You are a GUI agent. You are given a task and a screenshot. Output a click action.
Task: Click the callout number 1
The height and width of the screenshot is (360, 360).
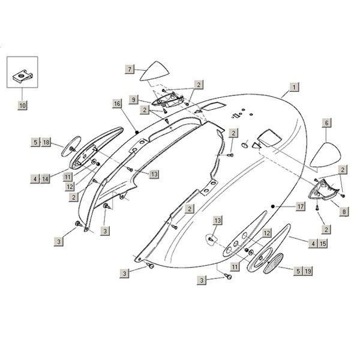point(293,86)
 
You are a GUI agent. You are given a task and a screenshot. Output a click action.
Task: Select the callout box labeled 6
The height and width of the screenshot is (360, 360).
point(327,122)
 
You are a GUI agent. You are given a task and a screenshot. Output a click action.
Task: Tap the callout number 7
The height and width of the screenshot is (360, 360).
point(130,69)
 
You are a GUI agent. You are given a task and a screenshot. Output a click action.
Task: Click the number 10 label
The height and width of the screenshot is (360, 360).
point(22,105)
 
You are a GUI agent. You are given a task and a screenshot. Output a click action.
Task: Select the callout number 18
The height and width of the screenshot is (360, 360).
point(46,142)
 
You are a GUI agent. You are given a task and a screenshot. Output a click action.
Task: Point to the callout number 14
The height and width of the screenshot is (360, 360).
point(46,178)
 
